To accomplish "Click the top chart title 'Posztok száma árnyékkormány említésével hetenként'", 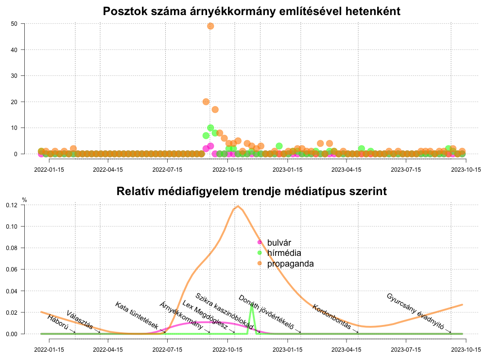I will click(x=251, y=11).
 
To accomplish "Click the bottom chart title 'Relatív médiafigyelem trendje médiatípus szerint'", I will click(x=251, y=191).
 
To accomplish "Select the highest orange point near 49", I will click(x=210, y=26).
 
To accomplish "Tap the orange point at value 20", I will click(x=206, y=102).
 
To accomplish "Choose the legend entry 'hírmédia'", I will click(x=284, y=253).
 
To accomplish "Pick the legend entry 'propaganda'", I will click(x=290, y=264).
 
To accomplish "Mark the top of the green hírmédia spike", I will click(x=252, y=305).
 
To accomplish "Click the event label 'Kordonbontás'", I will click(x=332, y=317).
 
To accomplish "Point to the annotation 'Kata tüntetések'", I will click(x=137, y=314).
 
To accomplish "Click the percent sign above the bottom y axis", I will click(x=25, y=200).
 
